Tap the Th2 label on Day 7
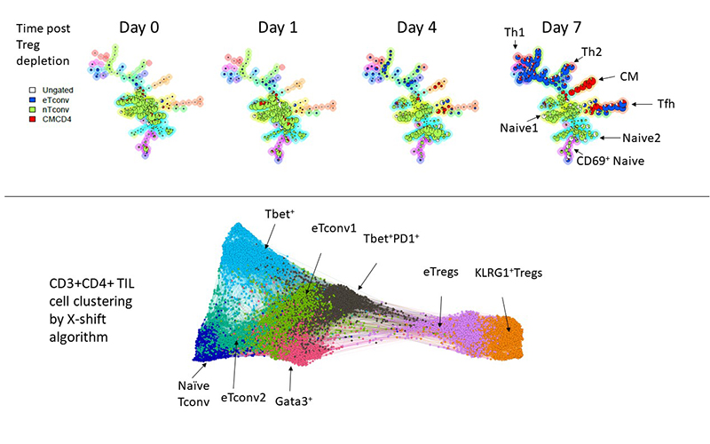click(592, 53)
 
